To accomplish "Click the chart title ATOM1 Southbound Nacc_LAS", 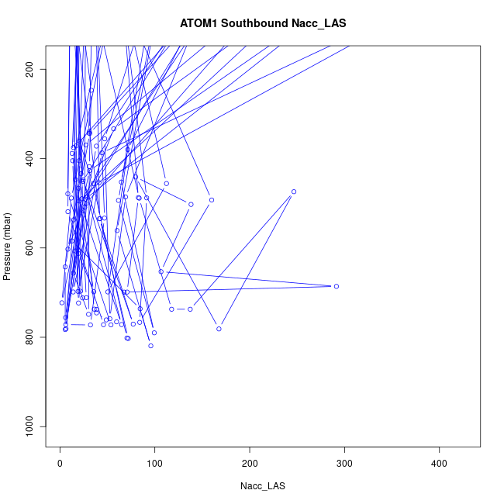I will [x=263, y=23].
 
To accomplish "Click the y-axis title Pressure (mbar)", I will [x=8, y=247].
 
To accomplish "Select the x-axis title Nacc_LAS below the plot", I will [x=263, y=486].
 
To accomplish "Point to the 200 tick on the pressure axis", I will [x=41, y=70].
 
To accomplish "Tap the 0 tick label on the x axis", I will [x=60, y=464].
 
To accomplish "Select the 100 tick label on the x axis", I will [x=155, y=464].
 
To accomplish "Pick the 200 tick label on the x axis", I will [x=250, y=464].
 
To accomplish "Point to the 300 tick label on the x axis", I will [x=345, y=464].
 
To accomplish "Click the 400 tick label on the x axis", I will [x=440, y=464].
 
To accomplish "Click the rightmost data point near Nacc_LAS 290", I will [x=336, y=286].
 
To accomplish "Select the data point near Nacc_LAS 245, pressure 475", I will [x=294, y=192].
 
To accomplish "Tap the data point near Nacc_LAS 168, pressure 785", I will [x=219, y=329].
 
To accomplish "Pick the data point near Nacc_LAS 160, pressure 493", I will [x=212, y=200].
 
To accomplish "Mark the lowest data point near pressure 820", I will [x=150, y=346].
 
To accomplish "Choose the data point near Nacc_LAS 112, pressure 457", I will [x=166, y=184].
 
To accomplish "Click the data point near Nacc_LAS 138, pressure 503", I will [x=191, y=205].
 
